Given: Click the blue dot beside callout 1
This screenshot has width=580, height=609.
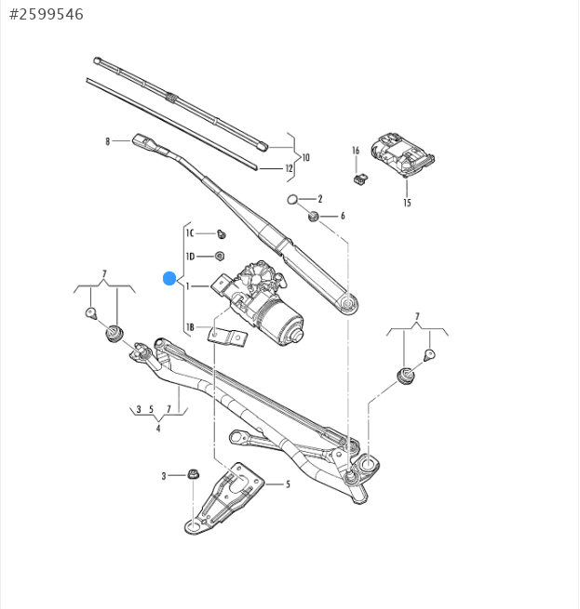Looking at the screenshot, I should point(169,277).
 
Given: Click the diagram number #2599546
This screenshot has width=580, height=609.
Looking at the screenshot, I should point(46,14).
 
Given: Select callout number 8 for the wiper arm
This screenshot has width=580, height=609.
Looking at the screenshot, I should point(108,141).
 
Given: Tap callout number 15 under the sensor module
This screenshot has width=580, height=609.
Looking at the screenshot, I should point(407,202).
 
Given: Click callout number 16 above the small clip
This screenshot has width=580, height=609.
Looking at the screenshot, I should point(356,150).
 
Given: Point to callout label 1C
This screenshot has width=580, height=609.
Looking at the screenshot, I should point(190,233).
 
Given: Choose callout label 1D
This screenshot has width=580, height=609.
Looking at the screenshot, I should point(190,256).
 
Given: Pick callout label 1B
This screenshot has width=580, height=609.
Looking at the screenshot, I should point(190,327).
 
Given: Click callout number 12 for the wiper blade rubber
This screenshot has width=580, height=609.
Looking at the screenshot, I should point(290,168).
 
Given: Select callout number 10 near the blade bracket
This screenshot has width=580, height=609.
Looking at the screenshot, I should point(305,157).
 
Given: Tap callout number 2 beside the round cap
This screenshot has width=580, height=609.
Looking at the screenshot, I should point(319,199).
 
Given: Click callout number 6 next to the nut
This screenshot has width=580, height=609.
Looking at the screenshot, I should point(342,216).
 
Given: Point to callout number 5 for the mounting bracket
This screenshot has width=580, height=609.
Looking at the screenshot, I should point(288,483).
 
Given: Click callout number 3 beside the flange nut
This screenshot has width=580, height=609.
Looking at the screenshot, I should point(164,475).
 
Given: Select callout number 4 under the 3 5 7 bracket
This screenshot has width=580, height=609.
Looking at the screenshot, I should point(158,429).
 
